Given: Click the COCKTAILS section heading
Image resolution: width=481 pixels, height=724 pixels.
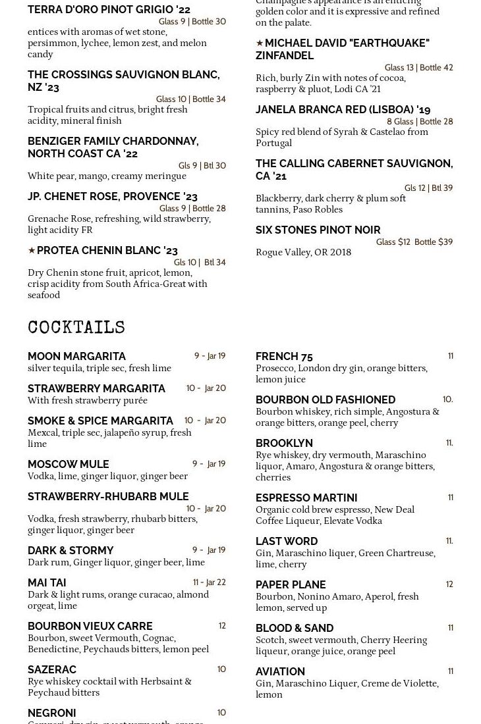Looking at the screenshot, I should [76, 328].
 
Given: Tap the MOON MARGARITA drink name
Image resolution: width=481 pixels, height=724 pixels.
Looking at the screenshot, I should [76, 357].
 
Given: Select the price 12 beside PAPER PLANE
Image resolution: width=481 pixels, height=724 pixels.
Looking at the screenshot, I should [449, 584].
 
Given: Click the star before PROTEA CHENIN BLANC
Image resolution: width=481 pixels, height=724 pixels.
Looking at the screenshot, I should [32, 251].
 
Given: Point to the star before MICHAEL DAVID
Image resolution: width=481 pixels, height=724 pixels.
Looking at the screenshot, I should [260, 43].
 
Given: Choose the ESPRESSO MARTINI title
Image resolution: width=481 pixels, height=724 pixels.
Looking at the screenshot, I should [306, 498].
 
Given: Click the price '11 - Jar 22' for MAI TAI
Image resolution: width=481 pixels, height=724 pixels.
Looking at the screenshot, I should [210, 582].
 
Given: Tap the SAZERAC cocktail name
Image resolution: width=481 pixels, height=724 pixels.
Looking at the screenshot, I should [52, 670].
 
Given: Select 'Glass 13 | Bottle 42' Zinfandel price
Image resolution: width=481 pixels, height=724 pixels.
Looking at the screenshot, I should [418, 68].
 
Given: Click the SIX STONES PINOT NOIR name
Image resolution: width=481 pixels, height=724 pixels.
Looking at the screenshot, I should [318, 230].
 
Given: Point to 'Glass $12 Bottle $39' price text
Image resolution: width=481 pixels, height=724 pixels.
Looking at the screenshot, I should [414, 242].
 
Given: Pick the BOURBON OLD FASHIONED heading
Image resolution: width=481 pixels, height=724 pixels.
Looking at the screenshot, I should [325, 400].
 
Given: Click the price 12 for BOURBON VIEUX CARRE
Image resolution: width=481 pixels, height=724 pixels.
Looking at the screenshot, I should [222, 626].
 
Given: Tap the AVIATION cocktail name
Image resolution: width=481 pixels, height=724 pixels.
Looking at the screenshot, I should [280, 672].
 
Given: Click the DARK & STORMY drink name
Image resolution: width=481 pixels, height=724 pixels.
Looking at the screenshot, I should [71, 551].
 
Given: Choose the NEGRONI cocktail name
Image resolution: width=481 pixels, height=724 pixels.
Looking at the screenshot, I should [52, 713].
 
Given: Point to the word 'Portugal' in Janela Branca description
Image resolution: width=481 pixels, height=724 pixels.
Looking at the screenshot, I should [273, 143].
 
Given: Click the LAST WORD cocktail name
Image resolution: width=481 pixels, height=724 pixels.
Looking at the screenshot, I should [287, 542].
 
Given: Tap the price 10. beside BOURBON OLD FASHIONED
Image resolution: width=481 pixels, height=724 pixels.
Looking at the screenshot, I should [447, 400].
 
